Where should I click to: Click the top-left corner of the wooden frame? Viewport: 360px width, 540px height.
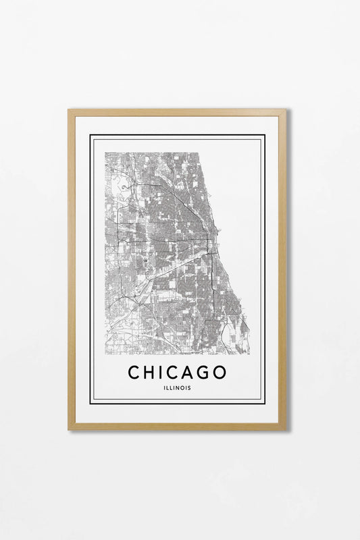[x=68, y=110]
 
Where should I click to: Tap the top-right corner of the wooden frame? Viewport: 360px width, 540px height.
[x=286, y=110]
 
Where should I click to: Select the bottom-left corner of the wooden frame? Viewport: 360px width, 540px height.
[x=68, y=429]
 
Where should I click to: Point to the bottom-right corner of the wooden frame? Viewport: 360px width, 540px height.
[x=286, y=429]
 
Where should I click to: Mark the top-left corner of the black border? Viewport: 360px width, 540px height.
[x=91, y=135]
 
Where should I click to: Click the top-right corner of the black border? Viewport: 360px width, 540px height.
[x=265, y=135]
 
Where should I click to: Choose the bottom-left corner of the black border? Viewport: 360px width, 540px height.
[x=91, y=403]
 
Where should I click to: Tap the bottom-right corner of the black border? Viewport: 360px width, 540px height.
[x=265, y=403]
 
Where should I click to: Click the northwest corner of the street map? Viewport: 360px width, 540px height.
[x=105, y=153]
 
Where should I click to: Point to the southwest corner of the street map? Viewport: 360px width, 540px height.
[x=105, y=354]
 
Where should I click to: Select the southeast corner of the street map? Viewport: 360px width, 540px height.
[x=249, y=354]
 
